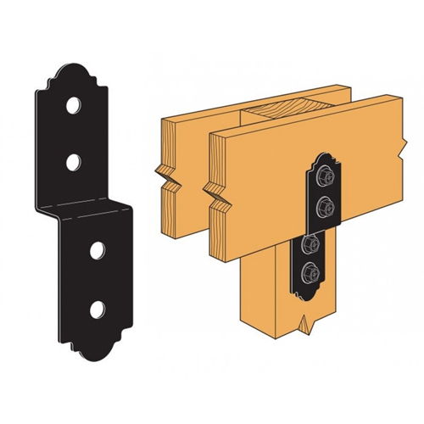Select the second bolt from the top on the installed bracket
coord(322,204)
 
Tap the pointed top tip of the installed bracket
coord(323,153)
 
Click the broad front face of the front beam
coord(280,170)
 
